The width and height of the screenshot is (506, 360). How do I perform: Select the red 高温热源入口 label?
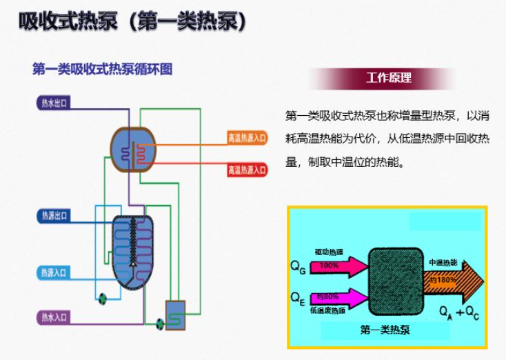coord(247,170)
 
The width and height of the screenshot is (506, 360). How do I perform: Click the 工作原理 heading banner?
coord(389,78)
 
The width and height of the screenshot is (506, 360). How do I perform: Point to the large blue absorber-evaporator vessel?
coord(132,248)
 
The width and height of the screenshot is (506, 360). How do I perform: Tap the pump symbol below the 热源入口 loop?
coord(103,298)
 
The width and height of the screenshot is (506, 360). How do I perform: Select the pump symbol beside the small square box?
coord(159,321)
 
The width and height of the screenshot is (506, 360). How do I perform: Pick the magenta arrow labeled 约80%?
coord(332,297)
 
